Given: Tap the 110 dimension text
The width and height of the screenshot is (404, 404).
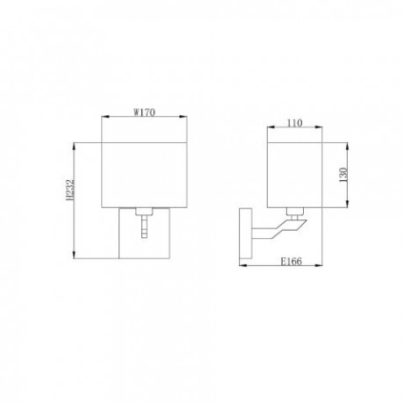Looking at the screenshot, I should pos(294,124).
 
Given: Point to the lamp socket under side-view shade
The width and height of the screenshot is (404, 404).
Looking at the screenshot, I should pos(295,212).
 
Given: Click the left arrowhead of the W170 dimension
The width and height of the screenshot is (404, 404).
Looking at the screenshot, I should pos(104,119).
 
